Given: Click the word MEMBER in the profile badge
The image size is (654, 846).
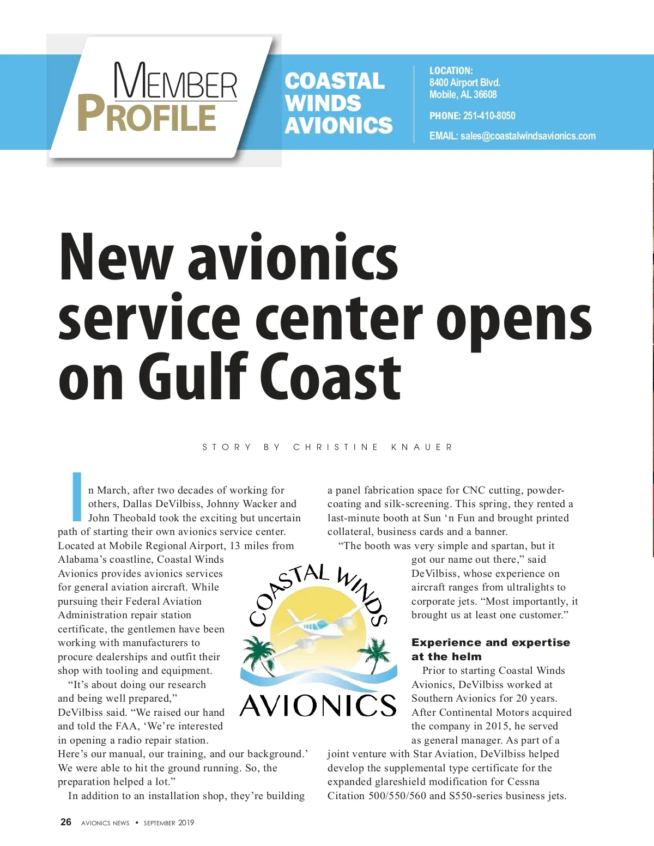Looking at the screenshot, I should pos(175,82).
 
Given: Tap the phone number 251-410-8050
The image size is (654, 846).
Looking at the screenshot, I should pos(489,116).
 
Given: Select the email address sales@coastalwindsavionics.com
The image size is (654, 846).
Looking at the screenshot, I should pos(528,136).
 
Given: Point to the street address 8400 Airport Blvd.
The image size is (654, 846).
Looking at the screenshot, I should pos(464,83).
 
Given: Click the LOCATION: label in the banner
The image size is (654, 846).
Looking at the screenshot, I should pos(451,71).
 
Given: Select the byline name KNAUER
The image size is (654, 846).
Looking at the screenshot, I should pos(422,447).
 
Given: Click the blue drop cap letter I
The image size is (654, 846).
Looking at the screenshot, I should pos(77,496).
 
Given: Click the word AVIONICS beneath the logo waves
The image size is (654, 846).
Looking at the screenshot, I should pos(318,705).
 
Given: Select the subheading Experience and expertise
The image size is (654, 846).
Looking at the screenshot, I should pos(491,643).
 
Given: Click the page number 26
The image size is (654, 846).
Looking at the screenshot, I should pos(66,822).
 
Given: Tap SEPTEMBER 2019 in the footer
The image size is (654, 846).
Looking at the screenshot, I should pos(168,823).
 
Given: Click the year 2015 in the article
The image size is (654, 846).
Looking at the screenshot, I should pos(496,726).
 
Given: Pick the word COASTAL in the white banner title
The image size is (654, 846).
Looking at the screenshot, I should pos(335,81).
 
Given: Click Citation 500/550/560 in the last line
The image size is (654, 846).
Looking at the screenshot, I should pos(377,796).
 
